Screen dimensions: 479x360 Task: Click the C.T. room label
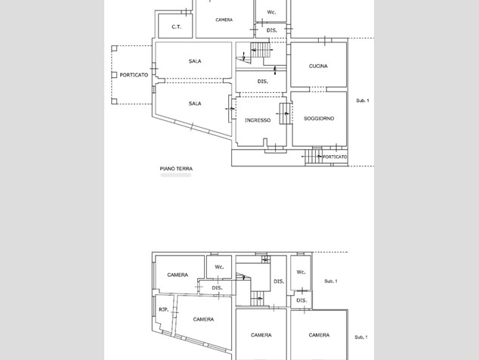tap(176, 27)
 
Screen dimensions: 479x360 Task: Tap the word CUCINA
tap(318, 66)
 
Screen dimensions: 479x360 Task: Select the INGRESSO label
tap(258, 120)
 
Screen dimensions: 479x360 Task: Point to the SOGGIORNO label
tap(319, 119)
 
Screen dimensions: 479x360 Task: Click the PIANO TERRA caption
tap(176, 169)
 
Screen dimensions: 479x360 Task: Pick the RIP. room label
tap(163, 309)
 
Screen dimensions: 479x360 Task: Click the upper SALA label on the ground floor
tap(195, 61)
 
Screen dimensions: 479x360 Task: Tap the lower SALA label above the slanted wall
tap(195, 104)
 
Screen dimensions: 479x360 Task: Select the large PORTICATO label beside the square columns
tap(134, 75)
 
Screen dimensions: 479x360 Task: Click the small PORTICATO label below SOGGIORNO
tap(335, 157)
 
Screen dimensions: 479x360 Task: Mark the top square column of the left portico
tap(114, 48)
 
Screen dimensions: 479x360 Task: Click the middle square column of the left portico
tap(114, 75)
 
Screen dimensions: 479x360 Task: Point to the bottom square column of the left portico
tap(114, 101)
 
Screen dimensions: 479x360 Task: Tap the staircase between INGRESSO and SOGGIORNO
tap(285, 113)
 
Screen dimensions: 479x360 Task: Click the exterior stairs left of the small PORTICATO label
tap(313, 157)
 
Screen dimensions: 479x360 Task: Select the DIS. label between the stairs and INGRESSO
tap(263, 82)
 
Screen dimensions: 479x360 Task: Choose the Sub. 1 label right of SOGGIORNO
tap(363, 101)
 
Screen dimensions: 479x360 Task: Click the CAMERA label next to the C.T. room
tap(224, 20)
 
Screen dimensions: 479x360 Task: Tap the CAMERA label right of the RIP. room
tap(203, 319)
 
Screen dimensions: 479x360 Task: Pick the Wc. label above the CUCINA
tap(271, 12)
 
